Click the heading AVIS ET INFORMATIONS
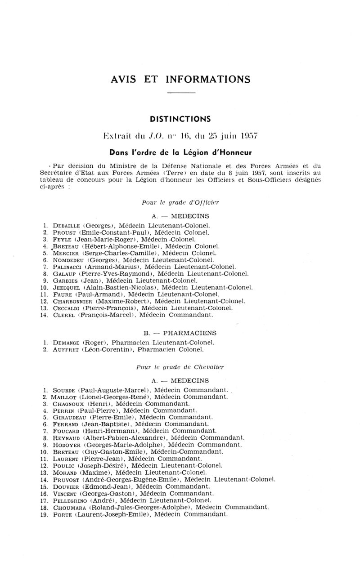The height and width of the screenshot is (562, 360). tap(180, 80)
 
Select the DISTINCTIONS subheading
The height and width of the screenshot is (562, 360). tap(180, 119)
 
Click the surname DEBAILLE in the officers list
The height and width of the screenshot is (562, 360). tap(66, 225)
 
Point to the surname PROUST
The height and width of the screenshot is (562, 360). tap(64, 232)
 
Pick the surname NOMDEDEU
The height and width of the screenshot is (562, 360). tap(68, 260)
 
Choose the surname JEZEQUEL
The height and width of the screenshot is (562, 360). tap(67, 287)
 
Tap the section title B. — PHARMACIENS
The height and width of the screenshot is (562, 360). tap(180, 333)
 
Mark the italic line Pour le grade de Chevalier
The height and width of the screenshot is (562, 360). tap(180, 367)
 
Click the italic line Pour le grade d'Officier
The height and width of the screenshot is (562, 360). tap(180, 203)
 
